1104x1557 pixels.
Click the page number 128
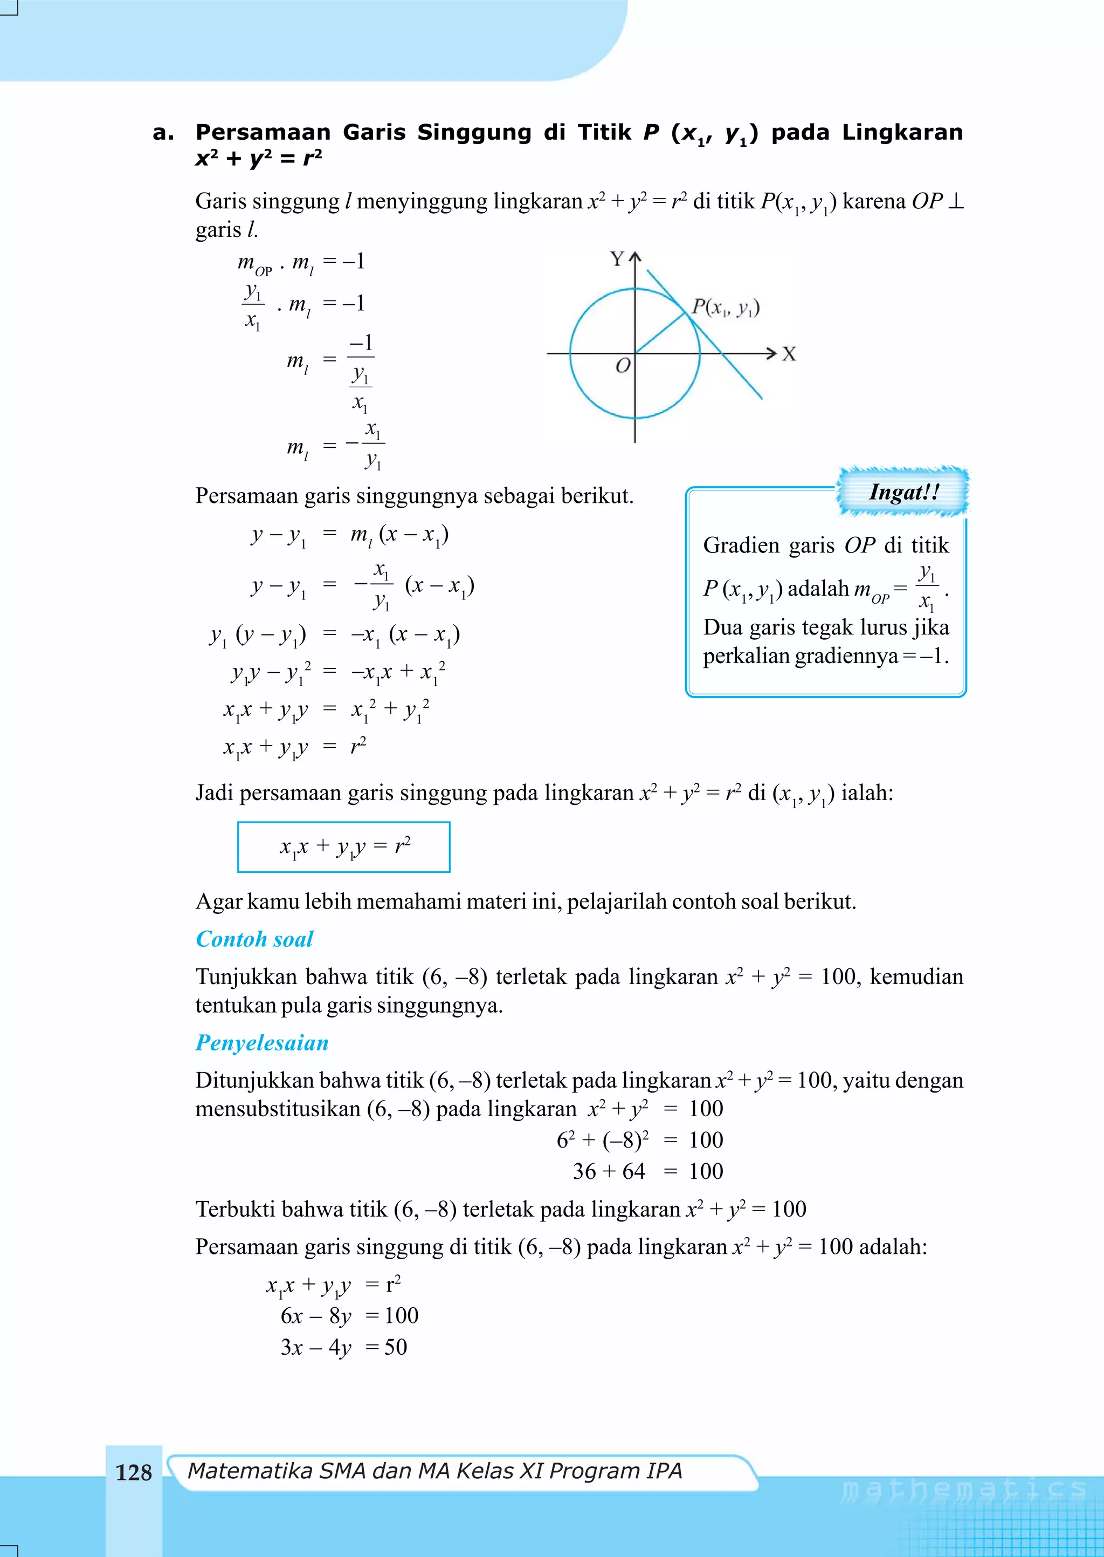click(x=133, y=1472)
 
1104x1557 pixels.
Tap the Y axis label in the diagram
click(x=617, y=259)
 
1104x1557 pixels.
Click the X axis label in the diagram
click(x=788, y=354)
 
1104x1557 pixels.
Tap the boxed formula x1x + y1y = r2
click(x=344, y=847)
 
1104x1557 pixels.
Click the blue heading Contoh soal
click(x=254, y=939)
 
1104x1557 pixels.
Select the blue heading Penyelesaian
click(x=262, y=1043)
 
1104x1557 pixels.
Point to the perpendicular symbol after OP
click(x=955, y=201)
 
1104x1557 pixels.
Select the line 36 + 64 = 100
click(x=647, y=1171)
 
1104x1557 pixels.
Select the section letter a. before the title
click(x=163, y=132)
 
